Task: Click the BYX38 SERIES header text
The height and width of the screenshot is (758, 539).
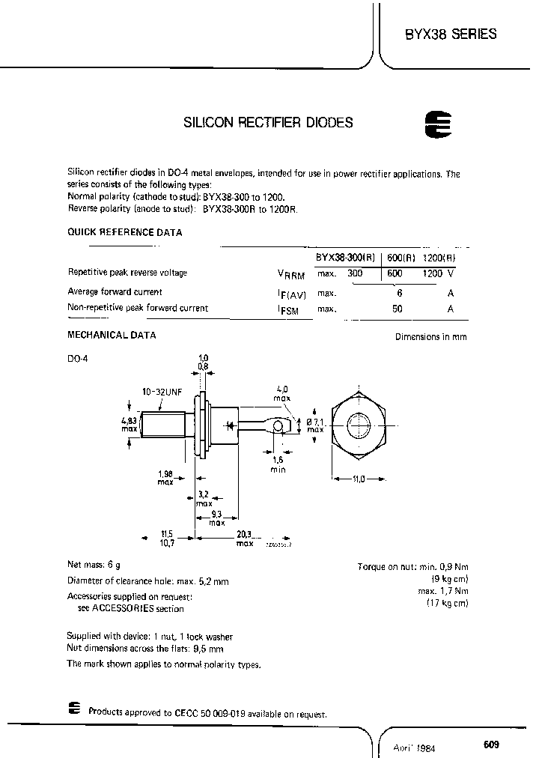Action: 451,34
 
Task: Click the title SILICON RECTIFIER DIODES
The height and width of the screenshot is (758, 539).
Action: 268,122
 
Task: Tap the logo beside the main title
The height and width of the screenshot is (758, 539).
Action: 435,125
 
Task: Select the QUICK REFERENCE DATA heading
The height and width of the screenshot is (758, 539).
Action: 125,232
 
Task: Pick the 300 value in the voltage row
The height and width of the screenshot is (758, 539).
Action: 355,273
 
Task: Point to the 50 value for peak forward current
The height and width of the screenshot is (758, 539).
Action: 398,308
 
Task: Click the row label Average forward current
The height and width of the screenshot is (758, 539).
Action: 115,291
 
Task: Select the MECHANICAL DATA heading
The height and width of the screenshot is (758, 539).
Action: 112,335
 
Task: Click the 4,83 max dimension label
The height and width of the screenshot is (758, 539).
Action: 130,424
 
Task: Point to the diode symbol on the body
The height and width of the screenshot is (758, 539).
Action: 231,426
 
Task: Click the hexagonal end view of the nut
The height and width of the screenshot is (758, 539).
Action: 359,427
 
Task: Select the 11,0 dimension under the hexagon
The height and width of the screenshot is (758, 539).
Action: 359,479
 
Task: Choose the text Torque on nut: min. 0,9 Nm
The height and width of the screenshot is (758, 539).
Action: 412,567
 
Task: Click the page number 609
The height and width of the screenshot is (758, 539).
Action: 491,745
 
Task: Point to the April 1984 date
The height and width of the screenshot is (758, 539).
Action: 415,748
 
